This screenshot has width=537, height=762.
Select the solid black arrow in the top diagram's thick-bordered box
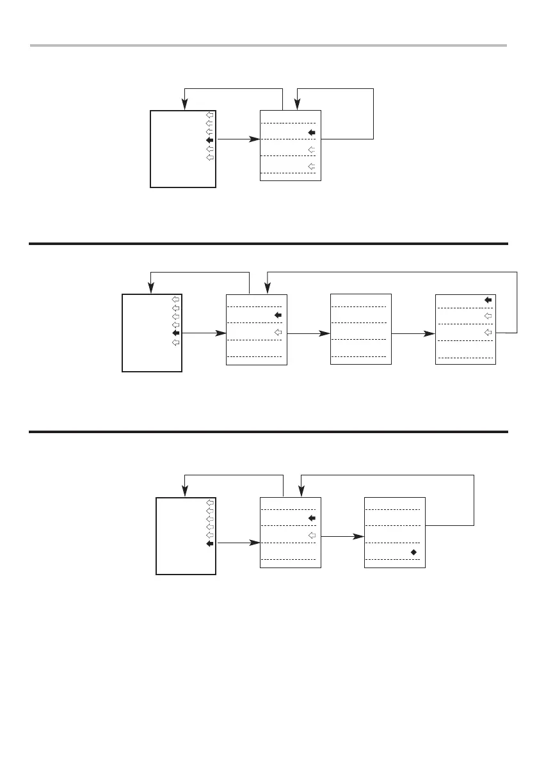tap(209, 140)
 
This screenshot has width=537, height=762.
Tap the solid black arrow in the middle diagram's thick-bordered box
tap(175, 333)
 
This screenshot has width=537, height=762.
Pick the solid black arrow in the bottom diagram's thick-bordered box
tap(209, 544)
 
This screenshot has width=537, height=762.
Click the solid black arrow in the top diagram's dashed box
tap(312, 132)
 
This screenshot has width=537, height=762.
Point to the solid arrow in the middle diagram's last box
tap(488, 299)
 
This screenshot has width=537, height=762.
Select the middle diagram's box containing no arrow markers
tap(360, 329)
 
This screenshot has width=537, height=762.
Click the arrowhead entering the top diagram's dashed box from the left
tap(256, 139)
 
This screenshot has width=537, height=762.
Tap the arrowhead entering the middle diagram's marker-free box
tap(326, 333)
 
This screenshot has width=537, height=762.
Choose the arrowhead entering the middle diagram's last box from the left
tap(431, 333)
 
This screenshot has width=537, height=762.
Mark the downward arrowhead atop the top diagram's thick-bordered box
tap(184, 105)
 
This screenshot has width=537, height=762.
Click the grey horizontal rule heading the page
tap(269, 45)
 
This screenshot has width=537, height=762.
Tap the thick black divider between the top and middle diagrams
tap(269, 244)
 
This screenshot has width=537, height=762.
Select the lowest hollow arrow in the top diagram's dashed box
tap(312, 166)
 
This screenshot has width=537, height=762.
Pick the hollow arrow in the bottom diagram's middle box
tap(312, 535)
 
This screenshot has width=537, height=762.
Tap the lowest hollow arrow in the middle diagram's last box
tap(488, 332)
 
